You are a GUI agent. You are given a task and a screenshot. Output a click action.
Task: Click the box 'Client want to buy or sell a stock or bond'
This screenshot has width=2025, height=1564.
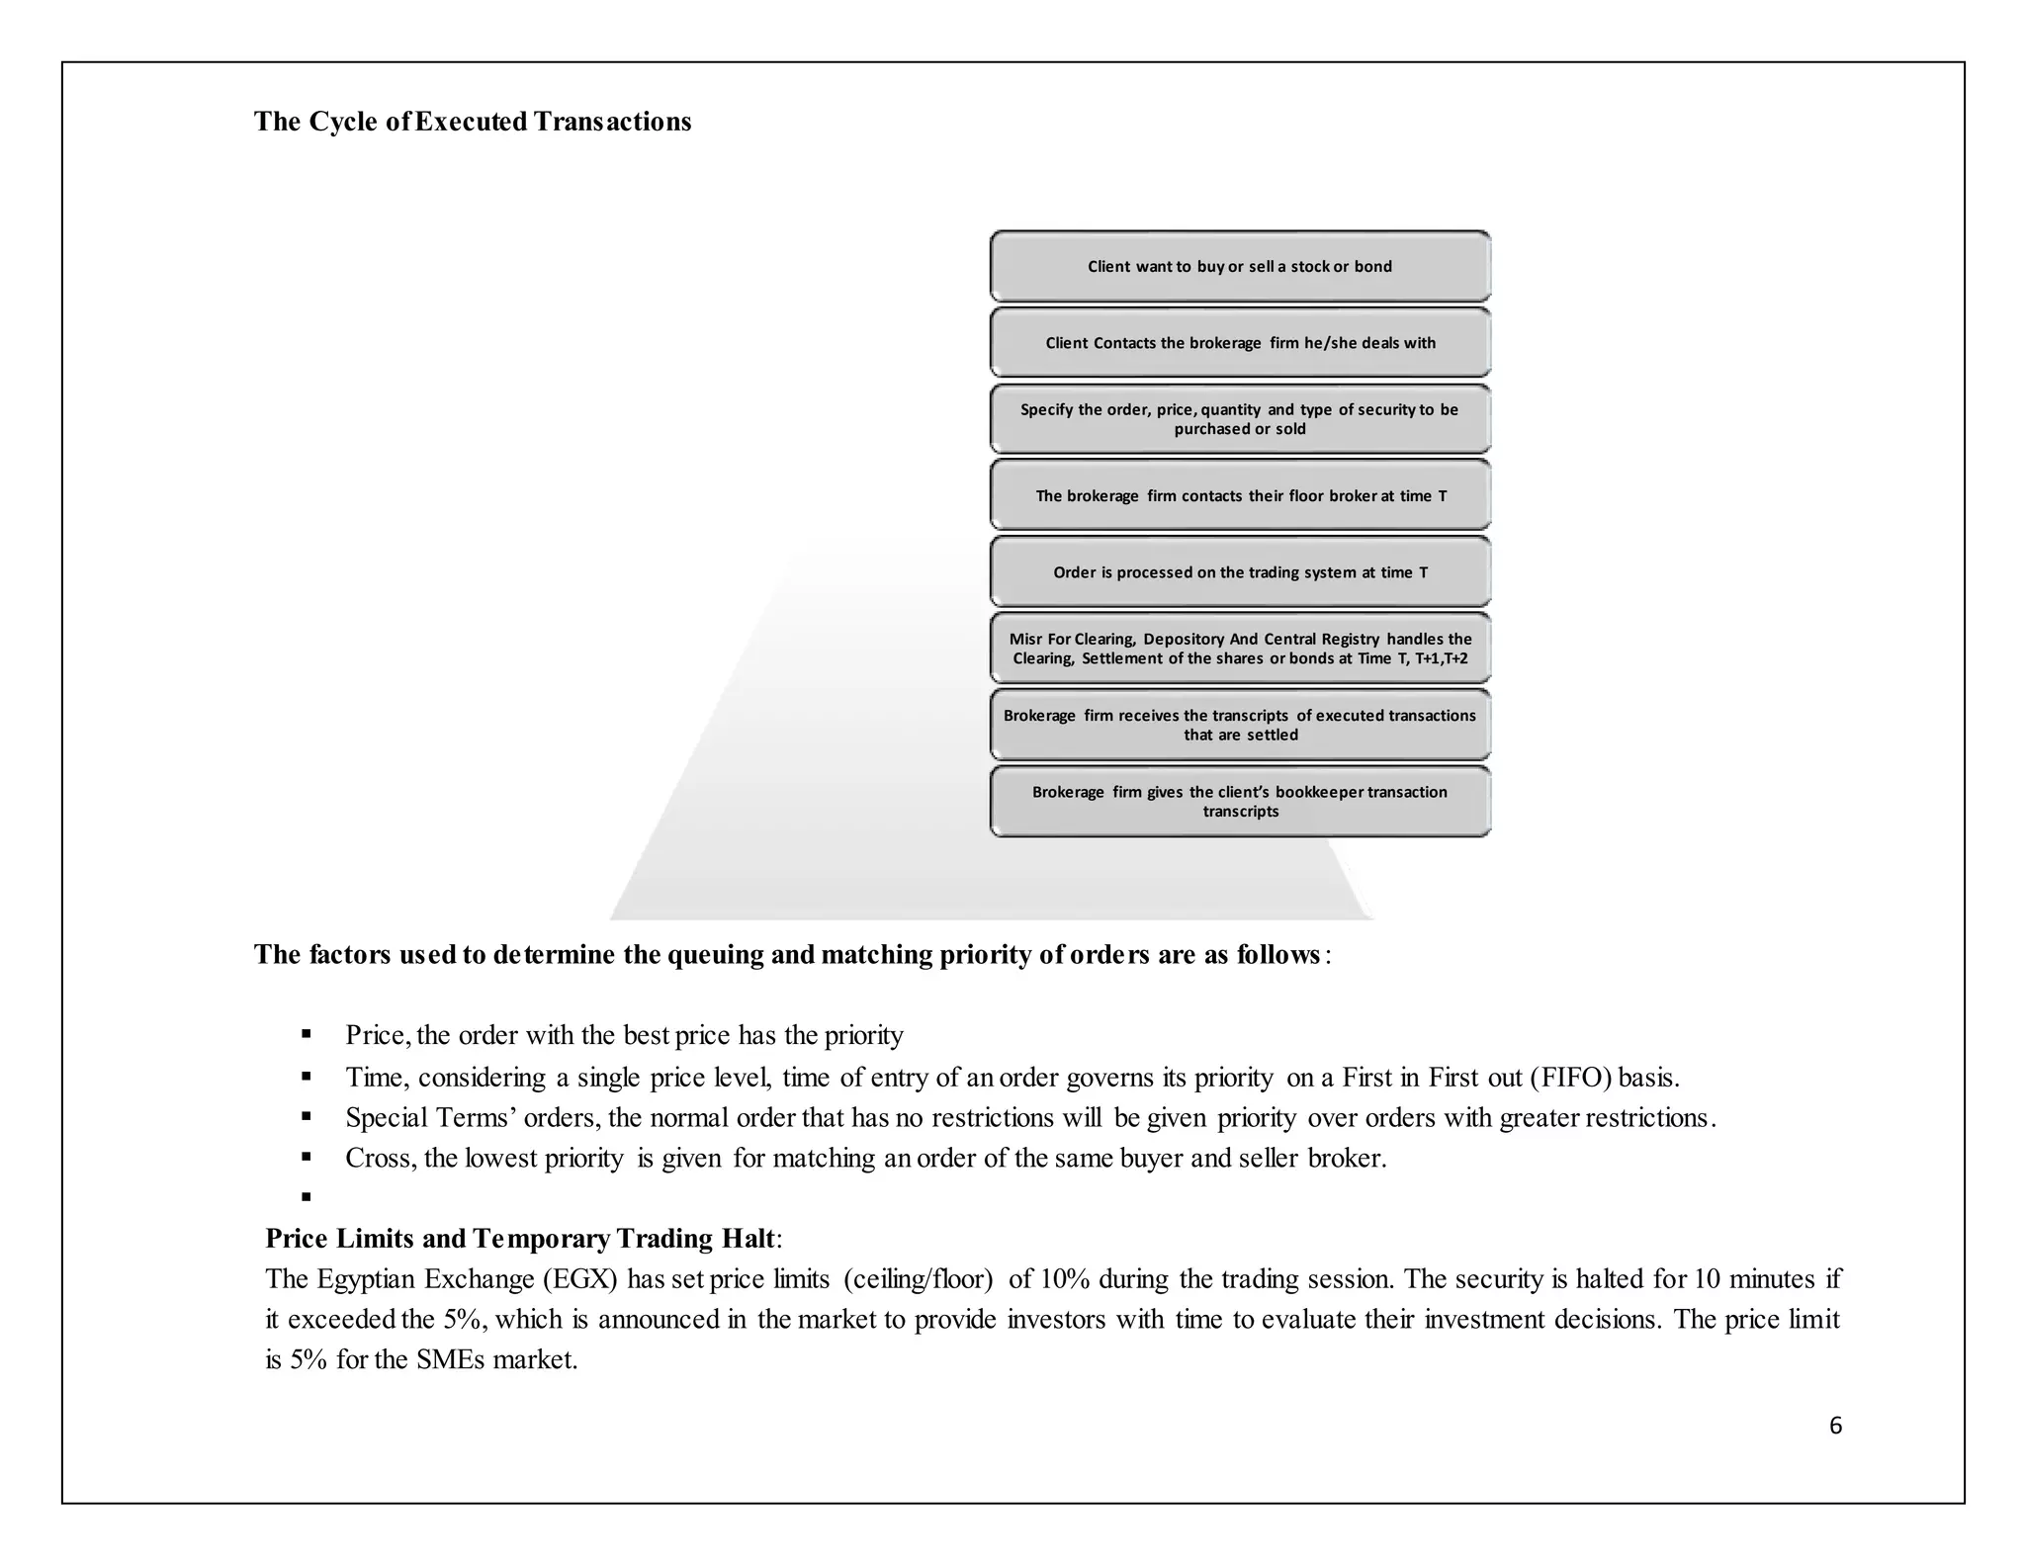(x=1240, y=266)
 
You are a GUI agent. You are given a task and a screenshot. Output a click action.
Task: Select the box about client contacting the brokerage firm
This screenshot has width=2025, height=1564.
(x=1240, y=343)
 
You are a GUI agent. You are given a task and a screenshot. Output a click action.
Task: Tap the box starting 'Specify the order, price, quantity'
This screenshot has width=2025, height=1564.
(x=1240, y=419)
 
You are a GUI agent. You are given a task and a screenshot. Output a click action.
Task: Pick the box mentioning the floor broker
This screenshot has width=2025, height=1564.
(x=1240, y=495)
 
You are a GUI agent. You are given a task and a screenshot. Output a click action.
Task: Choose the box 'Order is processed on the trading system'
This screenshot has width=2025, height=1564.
(x=1240, y=572)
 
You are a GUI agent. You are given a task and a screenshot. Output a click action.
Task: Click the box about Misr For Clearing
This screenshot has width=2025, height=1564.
(x=1240, y=649)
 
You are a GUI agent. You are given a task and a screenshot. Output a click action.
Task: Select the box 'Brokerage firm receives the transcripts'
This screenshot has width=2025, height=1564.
(x=1240, y=725)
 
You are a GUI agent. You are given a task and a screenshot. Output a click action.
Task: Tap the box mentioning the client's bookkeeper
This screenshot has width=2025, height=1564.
(x=1240, y=802)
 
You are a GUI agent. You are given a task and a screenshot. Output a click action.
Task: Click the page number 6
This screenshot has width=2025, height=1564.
(x=1835, y=1426)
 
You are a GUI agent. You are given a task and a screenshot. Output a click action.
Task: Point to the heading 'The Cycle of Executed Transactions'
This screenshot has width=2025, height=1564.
(x=473, y=122)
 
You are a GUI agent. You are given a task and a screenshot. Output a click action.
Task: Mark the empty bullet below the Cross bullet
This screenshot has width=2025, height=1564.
(x=307, y=1197)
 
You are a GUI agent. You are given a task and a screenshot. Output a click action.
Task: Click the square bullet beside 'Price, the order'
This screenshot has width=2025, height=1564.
(x=307, y=1035)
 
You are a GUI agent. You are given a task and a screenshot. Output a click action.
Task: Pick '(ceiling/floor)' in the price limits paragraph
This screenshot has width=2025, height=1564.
(x=918, y=1279)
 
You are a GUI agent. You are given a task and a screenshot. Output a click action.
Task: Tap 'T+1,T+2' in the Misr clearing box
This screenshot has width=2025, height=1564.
(x=1441, y=658)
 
